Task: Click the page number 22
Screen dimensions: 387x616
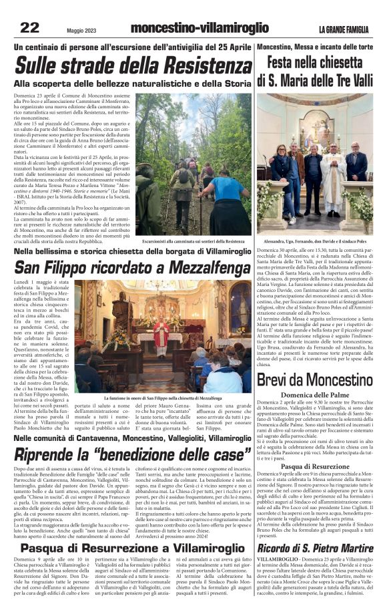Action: pyautogui.click(x=29, y=27)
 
